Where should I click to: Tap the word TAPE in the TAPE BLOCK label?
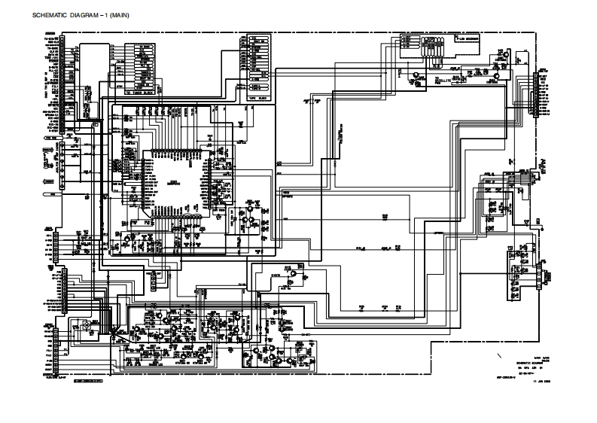point(254,97)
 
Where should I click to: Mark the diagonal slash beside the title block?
point(500,354)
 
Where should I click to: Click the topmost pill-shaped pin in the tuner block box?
point(143,46)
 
